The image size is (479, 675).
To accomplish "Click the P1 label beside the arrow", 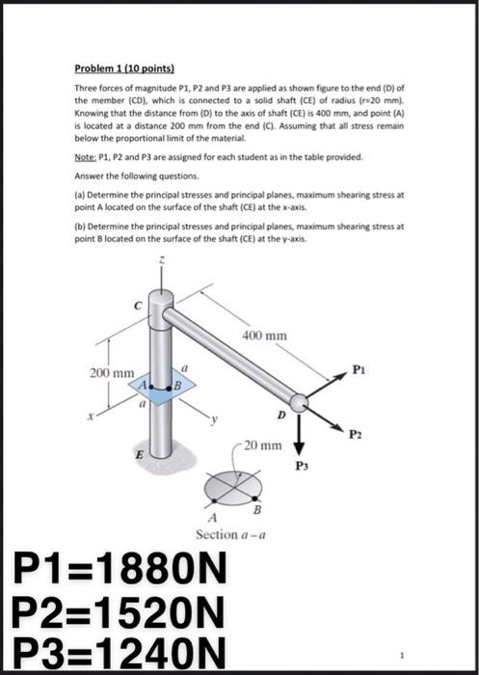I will pos(359,368).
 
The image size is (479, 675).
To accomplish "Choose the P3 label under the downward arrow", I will pos(300,466).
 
